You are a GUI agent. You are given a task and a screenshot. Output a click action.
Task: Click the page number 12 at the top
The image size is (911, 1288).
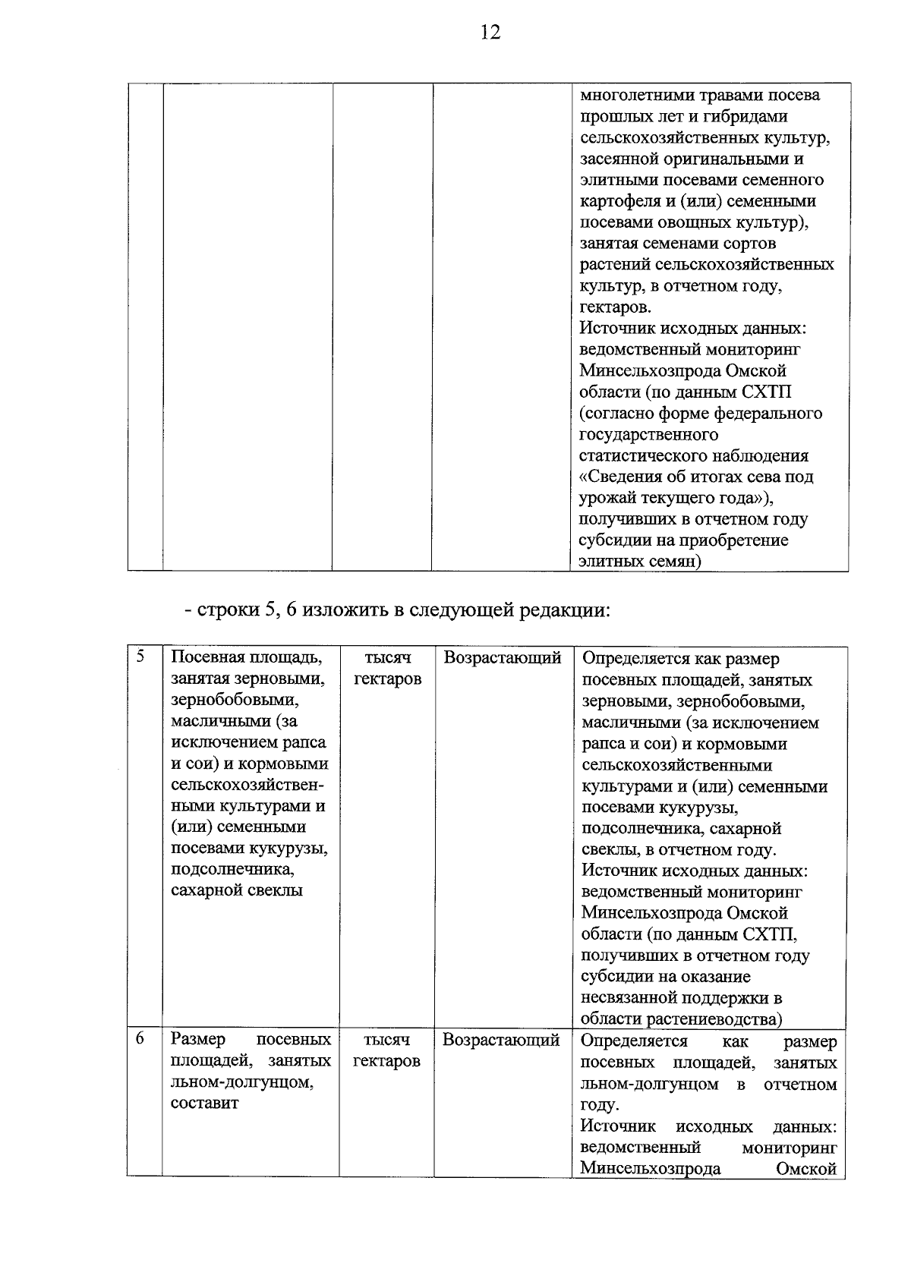(x=490, y=33)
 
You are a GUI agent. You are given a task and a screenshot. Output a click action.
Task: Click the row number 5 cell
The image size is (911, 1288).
(x=140, y=657)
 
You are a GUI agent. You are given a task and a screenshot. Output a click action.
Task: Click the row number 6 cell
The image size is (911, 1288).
(x=140, y=1038)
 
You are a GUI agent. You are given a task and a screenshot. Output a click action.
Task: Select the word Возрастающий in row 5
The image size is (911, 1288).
(x=502, y=657)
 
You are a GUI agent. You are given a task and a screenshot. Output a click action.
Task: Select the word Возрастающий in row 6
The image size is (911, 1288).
(x=501, y=1040)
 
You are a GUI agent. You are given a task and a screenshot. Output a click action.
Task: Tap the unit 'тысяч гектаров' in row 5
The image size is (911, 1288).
(x=386, y=668)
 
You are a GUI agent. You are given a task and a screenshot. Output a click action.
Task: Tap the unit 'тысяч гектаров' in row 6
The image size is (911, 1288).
(x=386, y=1050)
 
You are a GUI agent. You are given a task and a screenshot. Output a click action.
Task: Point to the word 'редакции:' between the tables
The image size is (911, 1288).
(x=564, y=610)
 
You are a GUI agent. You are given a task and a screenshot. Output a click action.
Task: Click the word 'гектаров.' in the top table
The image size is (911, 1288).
(x=615, y=307)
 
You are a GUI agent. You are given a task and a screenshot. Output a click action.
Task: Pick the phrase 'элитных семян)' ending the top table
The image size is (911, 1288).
(x=640, y=562)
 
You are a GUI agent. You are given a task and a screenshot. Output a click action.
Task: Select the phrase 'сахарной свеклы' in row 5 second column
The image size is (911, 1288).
(x=237, y=890)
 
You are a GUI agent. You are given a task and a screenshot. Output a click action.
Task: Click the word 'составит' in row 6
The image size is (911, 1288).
(x=204, y=1103)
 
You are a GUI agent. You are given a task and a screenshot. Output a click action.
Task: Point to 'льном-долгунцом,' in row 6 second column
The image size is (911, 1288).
(x=241, y=1082)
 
